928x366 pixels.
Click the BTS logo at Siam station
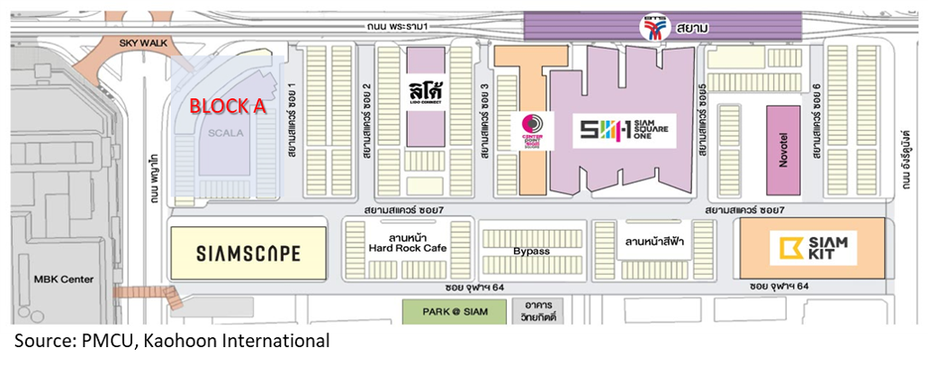(x=654, y=28)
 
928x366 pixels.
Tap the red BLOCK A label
(x=227, y=106)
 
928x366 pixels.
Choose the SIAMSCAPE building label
(x=248, y=253)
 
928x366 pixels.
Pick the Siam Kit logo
(x=817, y=247)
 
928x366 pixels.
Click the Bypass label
(x=531, y=252)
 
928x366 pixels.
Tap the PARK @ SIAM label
(x=455, y=312)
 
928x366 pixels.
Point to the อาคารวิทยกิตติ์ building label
(x=538, y=311)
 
